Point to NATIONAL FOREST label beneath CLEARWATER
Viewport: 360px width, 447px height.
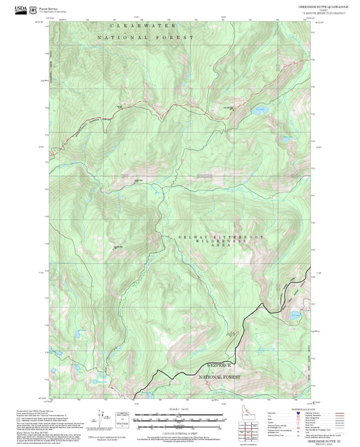point(145,38)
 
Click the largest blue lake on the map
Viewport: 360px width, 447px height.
point(260,110)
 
